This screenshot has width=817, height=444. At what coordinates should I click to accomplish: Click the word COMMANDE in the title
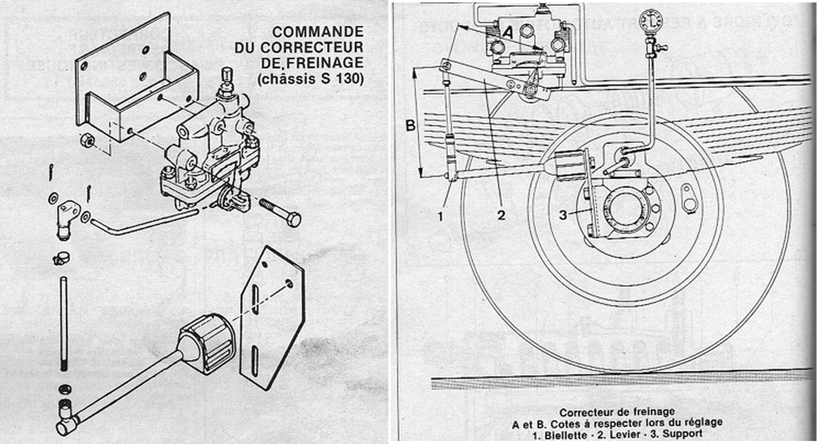318,32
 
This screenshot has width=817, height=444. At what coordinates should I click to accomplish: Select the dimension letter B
410,125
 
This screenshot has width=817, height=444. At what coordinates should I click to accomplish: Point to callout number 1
440,216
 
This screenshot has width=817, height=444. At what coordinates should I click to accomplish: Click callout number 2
501,215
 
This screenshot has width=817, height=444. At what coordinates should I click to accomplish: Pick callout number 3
563,215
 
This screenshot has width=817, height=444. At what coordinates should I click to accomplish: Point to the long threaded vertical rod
63,324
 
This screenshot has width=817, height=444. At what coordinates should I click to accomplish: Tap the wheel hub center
620,209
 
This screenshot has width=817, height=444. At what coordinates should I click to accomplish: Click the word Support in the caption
683,434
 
